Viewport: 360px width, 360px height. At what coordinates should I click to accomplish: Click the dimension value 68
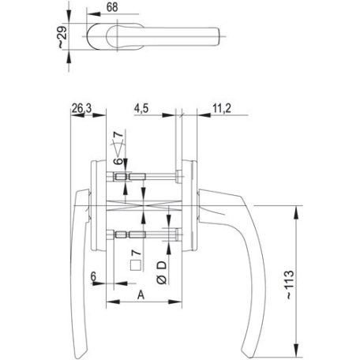(x=112, y=7)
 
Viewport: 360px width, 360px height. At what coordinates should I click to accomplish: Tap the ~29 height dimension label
(x=62, y=37)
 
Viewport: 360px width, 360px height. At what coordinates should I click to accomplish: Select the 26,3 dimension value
(x=81, y=108)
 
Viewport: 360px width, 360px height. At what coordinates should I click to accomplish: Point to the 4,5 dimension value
(x=141, y=108)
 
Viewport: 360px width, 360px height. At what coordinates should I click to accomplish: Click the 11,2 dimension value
(x=222, y=108)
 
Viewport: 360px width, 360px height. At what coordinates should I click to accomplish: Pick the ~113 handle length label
(x=289, y=284)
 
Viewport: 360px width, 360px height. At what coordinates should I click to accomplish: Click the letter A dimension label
(x=141, y=295)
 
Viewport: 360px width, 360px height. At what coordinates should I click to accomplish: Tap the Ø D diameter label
(x=162, y=272)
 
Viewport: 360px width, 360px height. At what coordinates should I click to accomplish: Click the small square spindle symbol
(x=136, y=265)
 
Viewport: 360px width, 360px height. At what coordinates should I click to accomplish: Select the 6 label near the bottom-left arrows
(x=93, y=277)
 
